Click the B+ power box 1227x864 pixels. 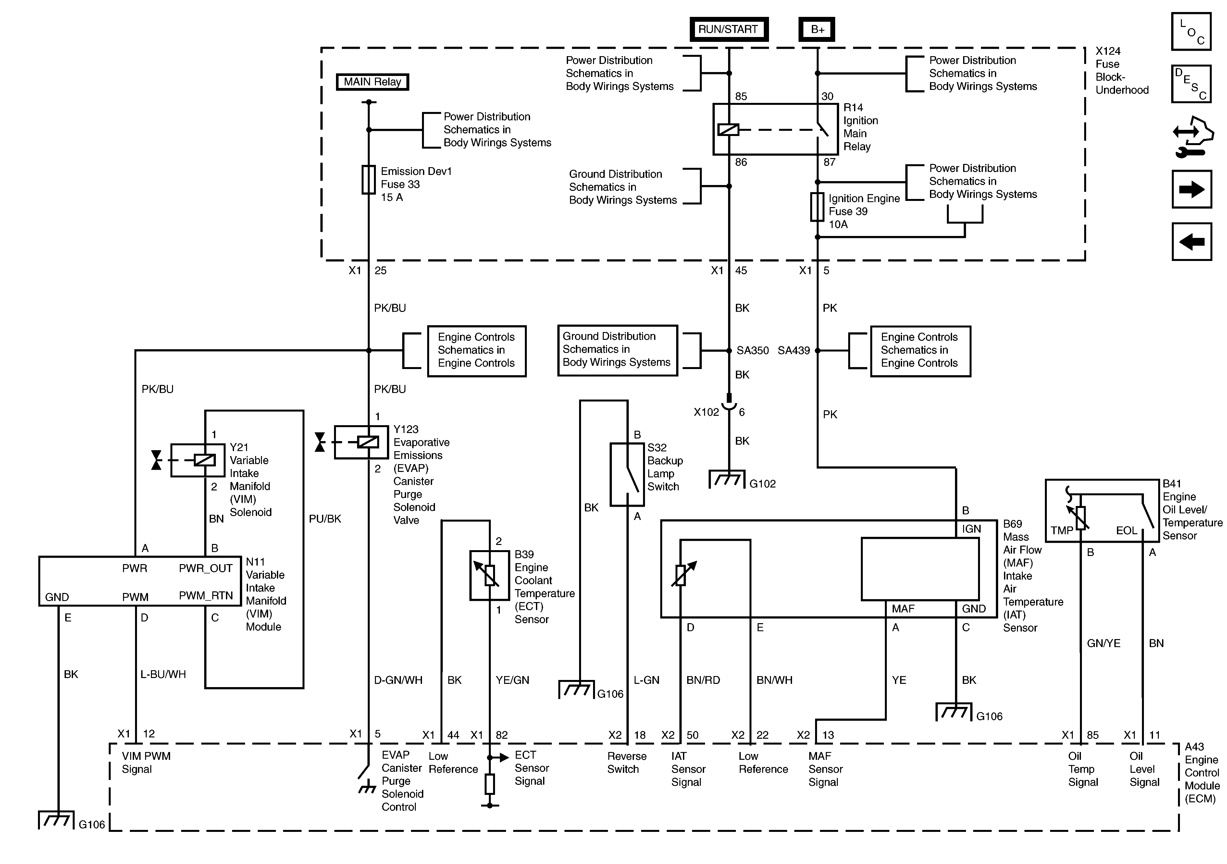[817, 30]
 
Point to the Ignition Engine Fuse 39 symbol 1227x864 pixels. [817, 207]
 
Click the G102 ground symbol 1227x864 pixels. [727, 479]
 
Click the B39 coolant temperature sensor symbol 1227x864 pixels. [490, 575]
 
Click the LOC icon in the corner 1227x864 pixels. [1191, 31]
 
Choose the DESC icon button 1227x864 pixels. [1191, 84]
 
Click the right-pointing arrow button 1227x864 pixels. [1191, 189]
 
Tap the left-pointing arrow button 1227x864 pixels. [1191, 241]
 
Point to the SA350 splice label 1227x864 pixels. [752, 351]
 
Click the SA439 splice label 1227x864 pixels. [794, 351]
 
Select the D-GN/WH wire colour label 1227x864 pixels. [398, 680]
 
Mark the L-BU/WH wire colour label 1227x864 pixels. [163, 674]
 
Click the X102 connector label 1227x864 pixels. [706, 412]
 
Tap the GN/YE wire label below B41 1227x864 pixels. [1104, 643]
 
